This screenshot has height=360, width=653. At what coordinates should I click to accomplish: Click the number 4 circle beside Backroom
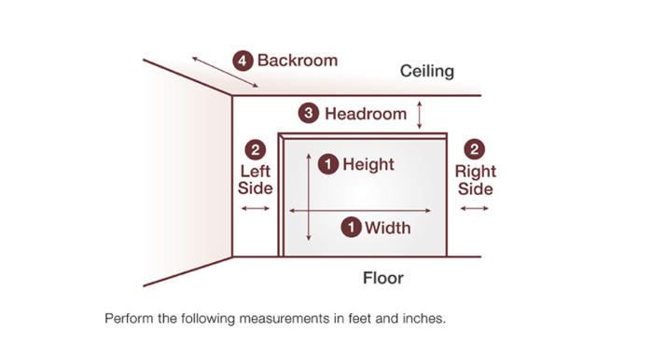(243, 61)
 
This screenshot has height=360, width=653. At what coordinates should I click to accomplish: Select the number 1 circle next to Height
(327, 164)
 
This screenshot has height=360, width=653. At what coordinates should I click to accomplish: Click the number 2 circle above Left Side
(256, 149)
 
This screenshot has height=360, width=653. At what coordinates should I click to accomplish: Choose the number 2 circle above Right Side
(475, 149)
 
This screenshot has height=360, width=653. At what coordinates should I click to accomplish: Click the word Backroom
(298, 61)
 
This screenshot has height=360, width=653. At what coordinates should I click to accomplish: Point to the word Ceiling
(427, 71)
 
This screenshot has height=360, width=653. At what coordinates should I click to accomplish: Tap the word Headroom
(366, 114)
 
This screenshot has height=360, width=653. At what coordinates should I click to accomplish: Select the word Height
(368, 164)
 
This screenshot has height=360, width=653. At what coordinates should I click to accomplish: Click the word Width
(387, 227)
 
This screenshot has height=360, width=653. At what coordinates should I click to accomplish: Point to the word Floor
(383, 278)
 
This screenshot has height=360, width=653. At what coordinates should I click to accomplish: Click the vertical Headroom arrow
(420, 114)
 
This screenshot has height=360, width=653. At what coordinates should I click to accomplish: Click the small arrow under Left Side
(255, 208)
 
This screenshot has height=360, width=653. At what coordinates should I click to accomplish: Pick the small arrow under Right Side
(474, 208)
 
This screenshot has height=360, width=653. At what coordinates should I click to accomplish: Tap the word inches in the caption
(426, 317)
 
